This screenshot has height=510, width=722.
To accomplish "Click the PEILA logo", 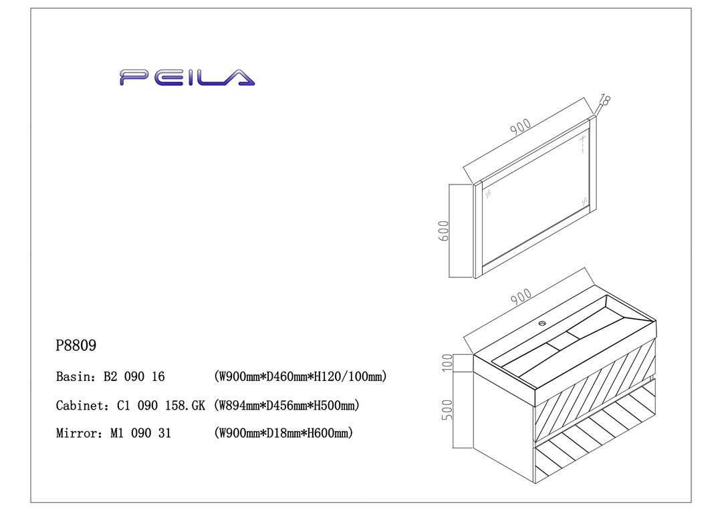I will click(187, 78).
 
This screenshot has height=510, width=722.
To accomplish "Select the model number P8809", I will click(76, 346).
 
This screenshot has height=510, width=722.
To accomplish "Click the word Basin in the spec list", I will click(74, 377).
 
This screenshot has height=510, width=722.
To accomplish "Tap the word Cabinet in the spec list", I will click(80, 405).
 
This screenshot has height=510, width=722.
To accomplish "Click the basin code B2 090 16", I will click(134, 377).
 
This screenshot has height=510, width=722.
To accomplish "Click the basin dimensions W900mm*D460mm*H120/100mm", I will click(300, 377).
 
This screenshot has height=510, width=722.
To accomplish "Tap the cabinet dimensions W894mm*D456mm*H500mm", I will click(287, 405).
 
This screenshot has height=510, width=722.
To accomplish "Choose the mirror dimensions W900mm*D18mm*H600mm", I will click(283, 433).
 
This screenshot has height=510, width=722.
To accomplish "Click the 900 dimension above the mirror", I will click(520, 128).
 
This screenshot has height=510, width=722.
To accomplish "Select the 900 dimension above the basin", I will click(520, 298).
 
